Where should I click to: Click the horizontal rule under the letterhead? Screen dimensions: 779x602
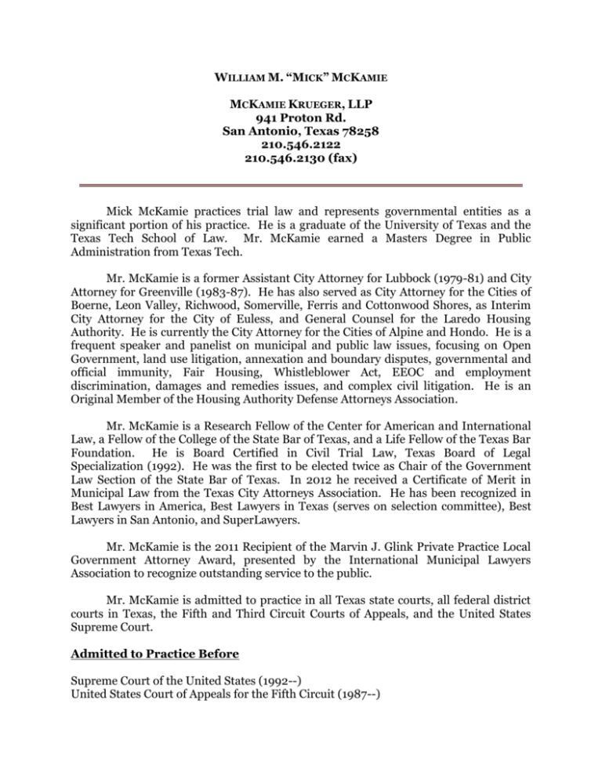301,185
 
